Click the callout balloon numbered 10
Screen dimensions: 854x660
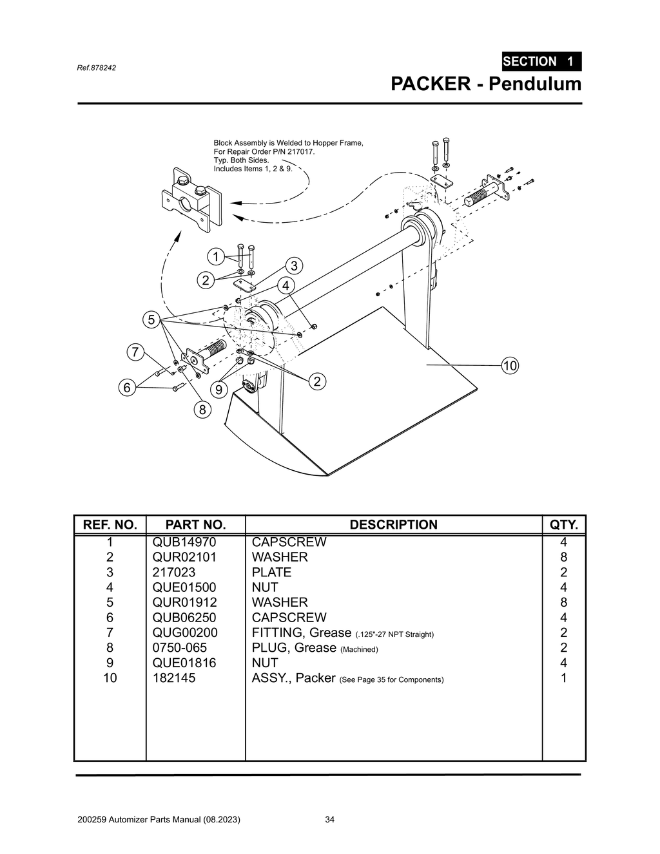point(510,366)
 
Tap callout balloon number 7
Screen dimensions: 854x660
point(134,352)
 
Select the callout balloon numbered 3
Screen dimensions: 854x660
point(293,265)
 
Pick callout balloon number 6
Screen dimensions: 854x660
point(127,388)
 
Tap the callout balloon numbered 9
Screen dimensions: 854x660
point(219,390)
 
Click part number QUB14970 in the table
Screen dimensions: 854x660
point(184,542)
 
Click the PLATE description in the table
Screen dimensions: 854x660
point(271,573)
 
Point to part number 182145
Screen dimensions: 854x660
point(174,678)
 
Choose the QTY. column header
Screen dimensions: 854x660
point(563,525)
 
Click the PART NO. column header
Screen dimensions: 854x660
point(195,525)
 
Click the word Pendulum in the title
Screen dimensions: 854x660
point(534,84)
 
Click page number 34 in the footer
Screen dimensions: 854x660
point(329,820)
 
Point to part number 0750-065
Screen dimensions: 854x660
point(180,648)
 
